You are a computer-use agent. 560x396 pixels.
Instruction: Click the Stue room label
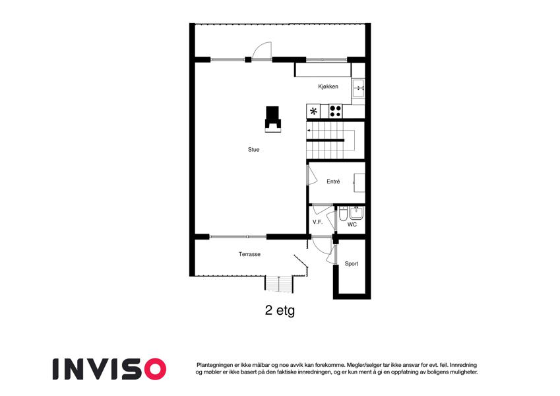click(x=253, y=149)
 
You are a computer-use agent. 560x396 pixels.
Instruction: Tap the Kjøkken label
click(x=328, y=86)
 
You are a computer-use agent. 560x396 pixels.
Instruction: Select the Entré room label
click(x=333, y=181)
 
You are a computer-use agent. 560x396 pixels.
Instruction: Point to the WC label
click(x=352, y=224)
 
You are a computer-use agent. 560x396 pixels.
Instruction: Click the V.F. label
click(x=317, y=222)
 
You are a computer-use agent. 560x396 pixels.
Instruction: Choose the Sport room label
click(x=352, y=264)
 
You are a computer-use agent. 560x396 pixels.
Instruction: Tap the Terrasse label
click(x=249, y=254)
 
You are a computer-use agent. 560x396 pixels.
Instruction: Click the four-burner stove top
click(x=335, y=111)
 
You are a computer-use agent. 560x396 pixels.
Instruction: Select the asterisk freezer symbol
click(x=313, y=111)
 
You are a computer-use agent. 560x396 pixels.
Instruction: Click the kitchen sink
click(x=358, y=88)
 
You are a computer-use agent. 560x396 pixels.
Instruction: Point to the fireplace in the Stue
click(x=273, y=119)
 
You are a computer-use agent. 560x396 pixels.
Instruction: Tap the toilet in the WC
click(x=343, y=213)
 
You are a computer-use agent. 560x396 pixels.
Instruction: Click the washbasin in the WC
click(x=356, y=213)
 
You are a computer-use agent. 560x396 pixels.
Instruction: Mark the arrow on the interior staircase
click(x=309, y=131)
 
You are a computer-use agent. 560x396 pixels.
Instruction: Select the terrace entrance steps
click(x=279, y=284)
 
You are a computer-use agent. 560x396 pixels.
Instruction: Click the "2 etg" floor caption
click(x=280, y=310)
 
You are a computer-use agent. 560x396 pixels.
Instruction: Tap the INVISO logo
click(x=109, y=369)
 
